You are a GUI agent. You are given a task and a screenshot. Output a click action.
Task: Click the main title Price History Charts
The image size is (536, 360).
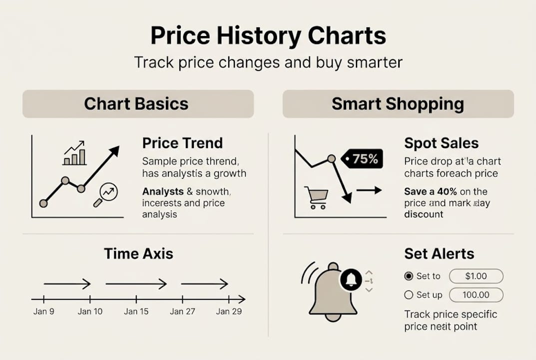268,36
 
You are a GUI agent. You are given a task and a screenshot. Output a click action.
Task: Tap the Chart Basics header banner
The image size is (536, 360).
138,104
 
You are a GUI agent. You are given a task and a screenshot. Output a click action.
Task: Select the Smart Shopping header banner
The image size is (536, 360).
398,104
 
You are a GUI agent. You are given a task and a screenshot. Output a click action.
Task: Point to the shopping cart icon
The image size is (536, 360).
316,197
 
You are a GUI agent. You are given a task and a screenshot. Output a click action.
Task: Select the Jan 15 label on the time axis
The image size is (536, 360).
136,311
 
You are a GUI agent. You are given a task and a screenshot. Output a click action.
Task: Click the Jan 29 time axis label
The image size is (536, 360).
229,311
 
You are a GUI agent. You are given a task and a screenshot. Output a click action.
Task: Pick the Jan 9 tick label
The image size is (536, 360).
44,311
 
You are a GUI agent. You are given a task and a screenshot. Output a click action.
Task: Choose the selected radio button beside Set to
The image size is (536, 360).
409,276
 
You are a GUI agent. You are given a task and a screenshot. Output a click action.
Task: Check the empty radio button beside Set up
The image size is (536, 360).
409,295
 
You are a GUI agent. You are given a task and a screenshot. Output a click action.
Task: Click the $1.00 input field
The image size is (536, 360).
476,276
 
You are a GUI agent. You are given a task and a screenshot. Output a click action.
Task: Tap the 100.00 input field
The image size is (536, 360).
476,295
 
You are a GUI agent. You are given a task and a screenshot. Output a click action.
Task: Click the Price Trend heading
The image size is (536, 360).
182,143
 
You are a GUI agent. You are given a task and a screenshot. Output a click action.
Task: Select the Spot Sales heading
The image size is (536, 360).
441,143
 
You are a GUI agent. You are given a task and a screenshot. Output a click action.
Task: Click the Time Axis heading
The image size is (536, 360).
138,253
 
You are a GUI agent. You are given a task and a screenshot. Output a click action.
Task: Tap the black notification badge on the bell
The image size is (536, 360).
351,279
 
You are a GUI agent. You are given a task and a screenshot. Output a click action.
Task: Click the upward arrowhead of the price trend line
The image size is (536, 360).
115,150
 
